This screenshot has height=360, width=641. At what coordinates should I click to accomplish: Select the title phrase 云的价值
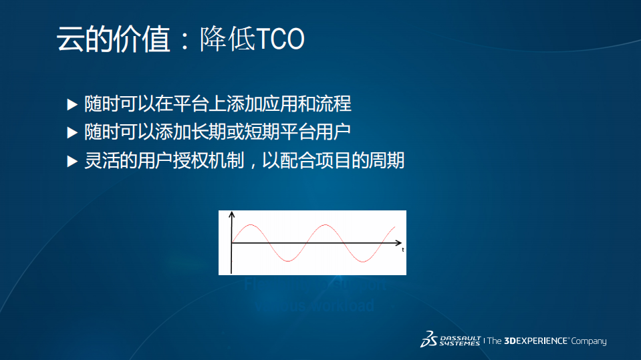(x=112, y=40)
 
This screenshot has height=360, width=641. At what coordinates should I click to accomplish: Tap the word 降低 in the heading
(x=227, y=40)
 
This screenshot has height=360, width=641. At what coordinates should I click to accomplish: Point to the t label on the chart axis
(x=403, y=250)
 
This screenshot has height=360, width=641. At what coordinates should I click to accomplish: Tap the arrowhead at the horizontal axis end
(x=398, y=243)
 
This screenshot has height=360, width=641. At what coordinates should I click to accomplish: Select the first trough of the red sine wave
(x=287, y=261)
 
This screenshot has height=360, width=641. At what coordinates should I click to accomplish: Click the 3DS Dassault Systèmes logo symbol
(x=428, y=339)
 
